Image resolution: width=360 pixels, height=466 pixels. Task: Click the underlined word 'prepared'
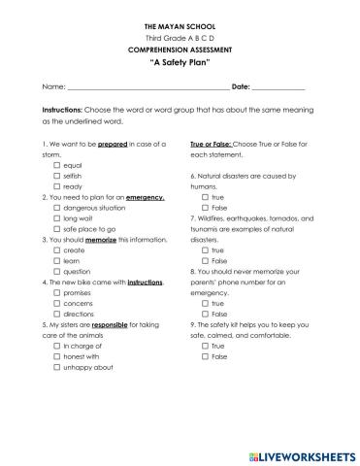114,143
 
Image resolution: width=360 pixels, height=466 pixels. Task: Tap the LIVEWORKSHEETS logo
299,453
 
